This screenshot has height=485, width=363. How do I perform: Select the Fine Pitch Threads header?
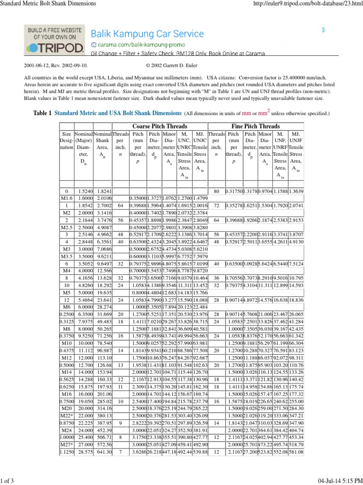(x=256, y=126)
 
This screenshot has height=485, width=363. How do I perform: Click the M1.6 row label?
(x=67, y=198)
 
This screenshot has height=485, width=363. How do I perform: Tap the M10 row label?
(x=67, y=369)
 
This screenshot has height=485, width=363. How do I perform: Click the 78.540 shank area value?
(x=103, y=369)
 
